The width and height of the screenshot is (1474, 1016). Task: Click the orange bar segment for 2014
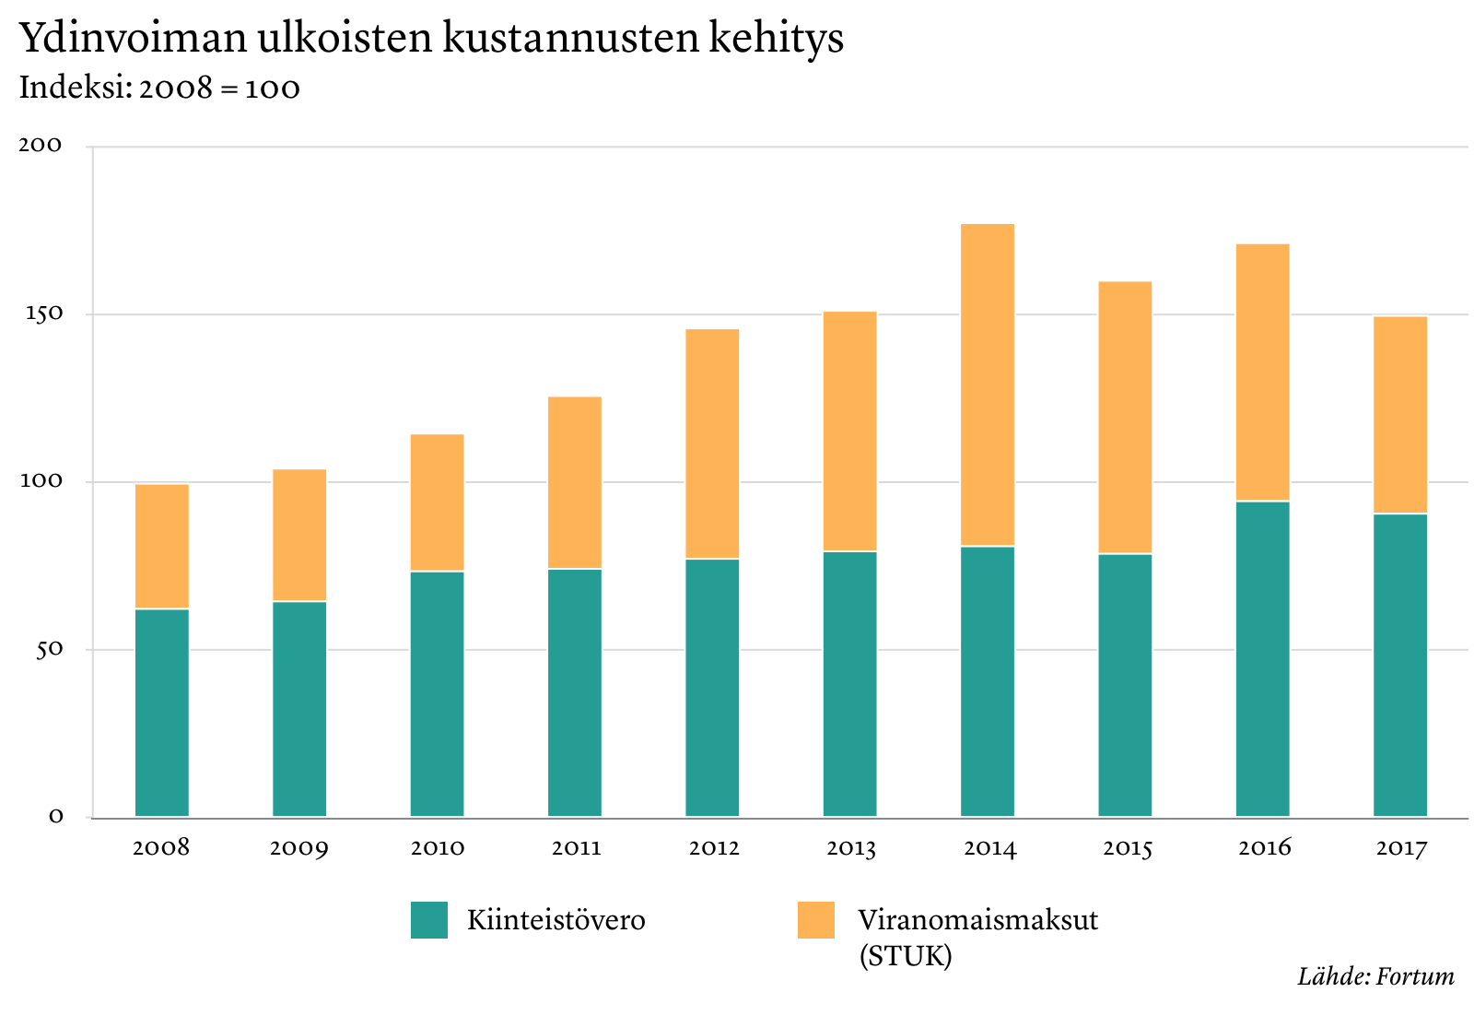pos(987,384)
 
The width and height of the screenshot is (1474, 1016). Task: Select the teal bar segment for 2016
pos(1262,658)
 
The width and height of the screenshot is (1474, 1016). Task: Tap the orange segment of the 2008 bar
pos(162,546)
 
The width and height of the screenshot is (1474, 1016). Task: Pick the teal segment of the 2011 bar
pos(575,691)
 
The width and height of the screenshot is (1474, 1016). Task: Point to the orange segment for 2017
pos(1399,415)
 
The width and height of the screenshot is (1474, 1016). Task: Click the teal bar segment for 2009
pos(299,708)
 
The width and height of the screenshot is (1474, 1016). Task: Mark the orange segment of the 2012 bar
pos(712,443)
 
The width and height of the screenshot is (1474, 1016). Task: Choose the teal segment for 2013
pos(849,683)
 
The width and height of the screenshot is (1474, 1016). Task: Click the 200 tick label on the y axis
pos(41,145)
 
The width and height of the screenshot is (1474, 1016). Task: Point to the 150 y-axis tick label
pos(41,313)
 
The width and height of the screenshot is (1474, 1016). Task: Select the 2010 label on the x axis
pos(438,847)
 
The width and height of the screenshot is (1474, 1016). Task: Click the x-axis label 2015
pos(1128,847)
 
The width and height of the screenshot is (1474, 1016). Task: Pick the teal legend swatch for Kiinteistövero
pos(429,920)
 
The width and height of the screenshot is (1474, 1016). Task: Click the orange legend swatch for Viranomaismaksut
pos(815,920)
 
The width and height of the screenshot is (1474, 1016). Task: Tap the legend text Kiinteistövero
pos(556,920)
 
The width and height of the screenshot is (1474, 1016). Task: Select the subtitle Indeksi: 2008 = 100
pos(159,89)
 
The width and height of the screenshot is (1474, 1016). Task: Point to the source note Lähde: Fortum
pos(1375,976)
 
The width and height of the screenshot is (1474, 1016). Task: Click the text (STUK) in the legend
pos(905,956)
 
